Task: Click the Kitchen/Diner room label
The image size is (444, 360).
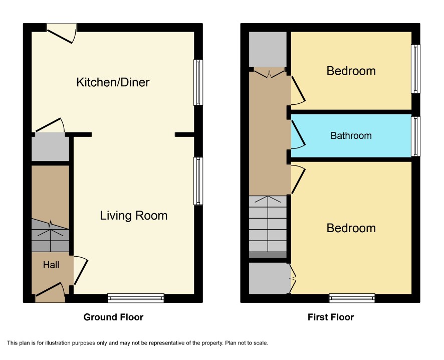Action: (113, 82)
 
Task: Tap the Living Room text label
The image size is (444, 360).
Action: (134, 216)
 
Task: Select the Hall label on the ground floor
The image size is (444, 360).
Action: (51, 265)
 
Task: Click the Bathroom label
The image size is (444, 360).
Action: (351, 136)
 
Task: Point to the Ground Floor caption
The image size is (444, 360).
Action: (113, 317)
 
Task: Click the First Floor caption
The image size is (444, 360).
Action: (331, 317)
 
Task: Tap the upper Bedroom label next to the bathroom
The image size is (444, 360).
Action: (351, 71)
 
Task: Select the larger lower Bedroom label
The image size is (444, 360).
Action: (351, 228)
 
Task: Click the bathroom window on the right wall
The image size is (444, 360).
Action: (415, 136)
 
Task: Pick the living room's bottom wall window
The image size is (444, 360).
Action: (136, 298)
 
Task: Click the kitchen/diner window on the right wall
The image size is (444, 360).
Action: (198, 82)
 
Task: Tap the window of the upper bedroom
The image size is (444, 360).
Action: (415, 69)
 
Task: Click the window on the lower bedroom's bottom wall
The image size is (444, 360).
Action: (352, 298)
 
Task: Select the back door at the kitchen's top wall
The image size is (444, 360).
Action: (62, 33)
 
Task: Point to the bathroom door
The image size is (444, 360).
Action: (298, 135)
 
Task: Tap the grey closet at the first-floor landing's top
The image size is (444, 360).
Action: (268, 49)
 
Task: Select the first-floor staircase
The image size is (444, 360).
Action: (268, 227)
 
